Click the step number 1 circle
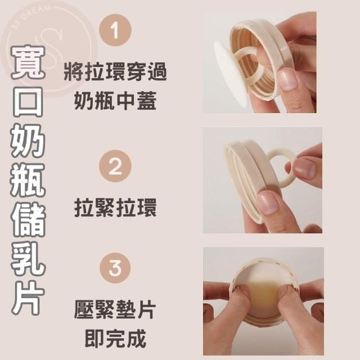click(x=115, y=30)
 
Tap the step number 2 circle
click(x=115, y=166)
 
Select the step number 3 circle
click(x=115, y=268)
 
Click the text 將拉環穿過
click(x=115, y=73)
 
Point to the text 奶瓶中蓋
click(x=115, y=101)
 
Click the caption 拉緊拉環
click(x=115, y=208)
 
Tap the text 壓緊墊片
click(x=115, y=310)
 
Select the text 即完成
click(x=115, y=339)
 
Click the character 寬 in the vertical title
click(x=28, y=62)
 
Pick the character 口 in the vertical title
click(x=28, y=101)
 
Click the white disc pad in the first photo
click(x=227, y=71)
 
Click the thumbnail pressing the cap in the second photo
click(x=268, y=203)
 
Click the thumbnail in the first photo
click(x=288, y=79)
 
